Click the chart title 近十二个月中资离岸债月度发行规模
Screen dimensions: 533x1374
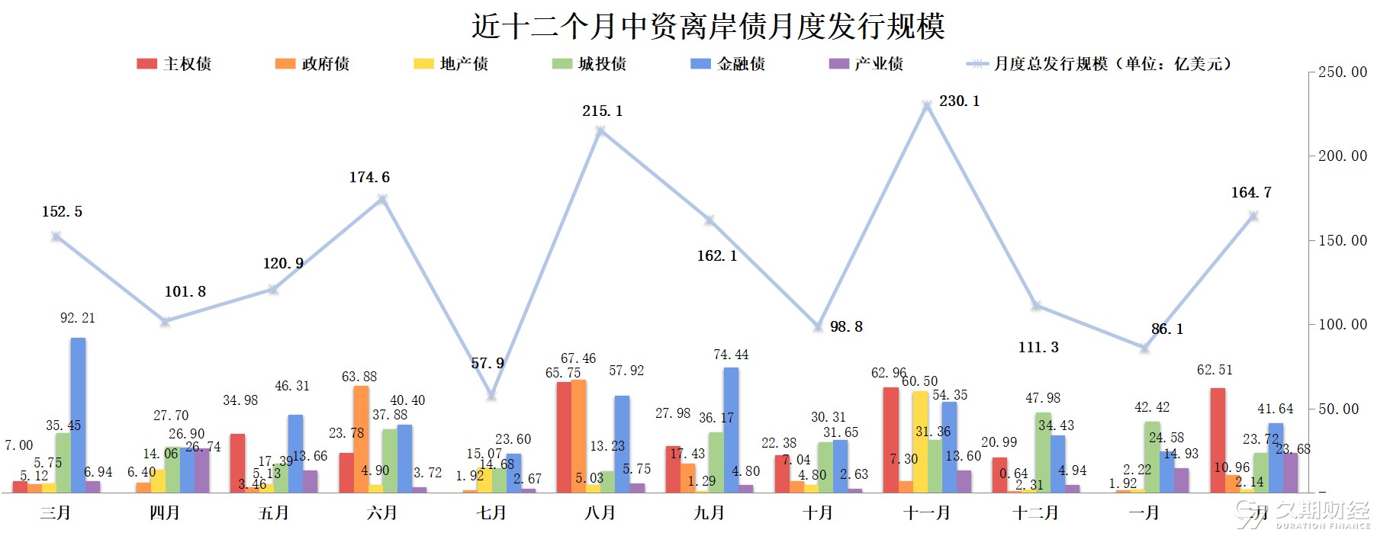pos(708,27)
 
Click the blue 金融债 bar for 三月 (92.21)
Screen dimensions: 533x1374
pos(78,415)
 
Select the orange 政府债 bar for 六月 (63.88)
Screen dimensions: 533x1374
pos(361,439)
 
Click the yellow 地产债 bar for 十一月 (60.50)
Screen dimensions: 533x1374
pos(920,442)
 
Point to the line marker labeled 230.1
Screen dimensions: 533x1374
pos(927,105)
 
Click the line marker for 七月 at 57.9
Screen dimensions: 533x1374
pos(491,395)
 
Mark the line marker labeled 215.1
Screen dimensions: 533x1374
pos(600,130)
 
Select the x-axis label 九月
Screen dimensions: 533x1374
pos(709,512)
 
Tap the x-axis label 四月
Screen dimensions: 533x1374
pos(165,512)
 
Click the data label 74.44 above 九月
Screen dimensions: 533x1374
pos(731,355)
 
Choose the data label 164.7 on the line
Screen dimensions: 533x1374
pos(1251,193)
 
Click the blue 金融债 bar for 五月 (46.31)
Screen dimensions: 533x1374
pos(295,454)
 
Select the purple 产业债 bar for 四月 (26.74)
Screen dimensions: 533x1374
pos(201,470)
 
